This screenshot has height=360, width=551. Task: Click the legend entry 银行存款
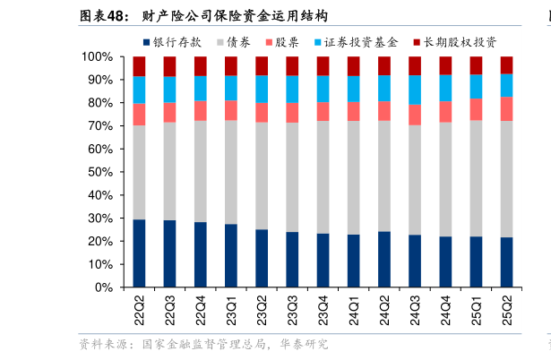[177, 41]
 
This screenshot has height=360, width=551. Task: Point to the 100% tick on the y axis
[98, 57]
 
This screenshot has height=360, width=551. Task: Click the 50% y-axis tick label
[100, 173]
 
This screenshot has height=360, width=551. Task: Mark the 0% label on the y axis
[103, 288]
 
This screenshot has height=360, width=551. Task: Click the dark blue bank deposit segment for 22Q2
[139, 253]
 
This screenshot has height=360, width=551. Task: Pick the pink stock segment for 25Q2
[506, 108]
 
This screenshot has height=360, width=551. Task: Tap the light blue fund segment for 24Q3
[415, 90]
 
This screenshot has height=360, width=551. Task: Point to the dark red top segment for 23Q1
[231, 65]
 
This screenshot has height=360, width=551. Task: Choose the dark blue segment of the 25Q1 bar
[476, 261]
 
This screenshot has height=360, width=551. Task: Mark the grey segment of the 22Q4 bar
[200, 171]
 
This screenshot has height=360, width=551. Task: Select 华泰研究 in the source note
[304, 344]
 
